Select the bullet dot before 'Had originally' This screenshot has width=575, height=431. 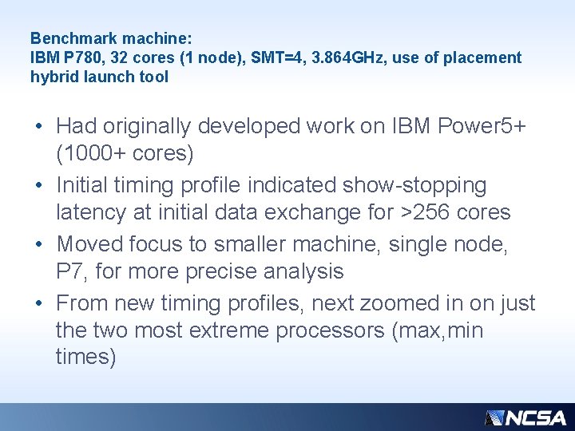[39, 127]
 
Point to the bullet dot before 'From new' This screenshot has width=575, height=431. [39, 304]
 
